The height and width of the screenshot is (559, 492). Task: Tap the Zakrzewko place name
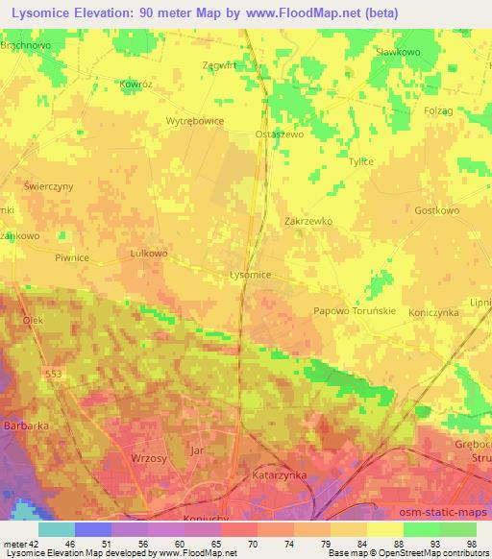coord(308,220)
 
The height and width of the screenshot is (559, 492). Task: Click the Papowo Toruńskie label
coord(356,310)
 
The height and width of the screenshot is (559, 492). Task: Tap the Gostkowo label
coord(436,209)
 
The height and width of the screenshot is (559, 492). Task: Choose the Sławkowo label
coord(400,51)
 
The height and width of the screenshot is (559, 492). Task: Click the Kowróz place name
coord(136,85)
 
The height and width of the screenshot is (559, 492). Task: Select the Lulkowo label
coord(148,254)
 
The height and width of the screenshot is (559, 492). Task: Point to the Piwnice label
coord(71,256)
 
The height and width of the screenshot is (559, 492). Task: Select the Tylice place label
coord(360,161)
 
